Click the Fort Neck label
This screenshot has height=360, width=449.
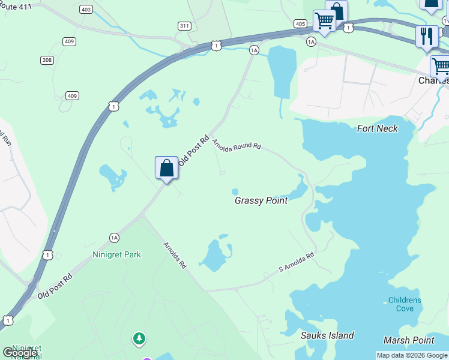coord(377,128)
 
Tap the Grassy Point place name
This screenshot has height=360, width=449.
coord(261,200)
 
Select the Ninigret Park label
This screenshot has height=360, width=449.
coord(116,254)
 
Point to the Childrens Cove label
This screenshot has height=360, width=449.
coord(405,304)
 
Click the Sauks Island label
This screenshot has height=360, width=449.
coord(327,335)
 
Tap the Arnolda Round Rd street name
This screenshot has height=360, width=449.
coord(237,145)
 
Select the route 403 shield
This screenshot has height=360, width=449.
coord(85,9)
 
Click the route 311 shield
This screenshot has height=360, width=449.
coord(184,25)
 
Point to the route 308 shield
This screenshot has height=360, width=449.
coord(47,60)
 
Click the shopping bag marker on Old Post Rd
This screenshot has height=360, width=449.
coord(166,168)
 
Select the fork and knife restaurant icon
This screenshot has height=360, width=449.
coord(426,35)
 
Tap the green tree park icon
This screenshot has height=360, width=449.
coord(139,339)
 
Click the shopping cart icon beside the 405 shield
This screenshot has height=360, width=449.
coord(324,21)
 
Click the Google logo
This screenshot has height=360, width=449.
coord(19,353)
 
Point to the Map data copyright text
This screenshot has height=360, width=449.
coord(412,355)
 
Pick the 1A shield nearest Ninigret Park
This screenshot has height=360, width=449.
coord(114,238)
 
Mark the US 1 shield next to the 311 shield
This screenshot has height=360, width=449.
coord(216,45)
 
